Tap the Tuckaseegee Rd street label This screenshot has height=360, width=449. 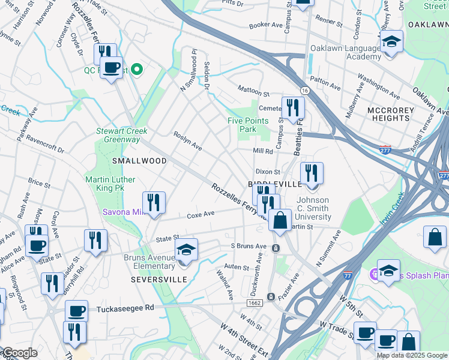[x=125, y=307]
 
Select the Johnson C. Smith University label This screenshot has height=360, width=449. [x=314, y=208]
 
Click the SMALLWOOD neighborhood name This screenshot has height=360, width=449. [x=139, y=161]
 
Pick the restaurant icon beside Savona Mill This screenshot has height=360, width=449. [x=154, y=203]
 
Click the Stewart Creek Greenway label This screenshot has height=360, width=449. [x=122, y=135]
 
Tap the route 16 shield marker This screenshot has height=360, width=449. [x=306, y=90]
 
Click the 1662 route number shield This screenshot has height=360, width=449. [x=254, y=304]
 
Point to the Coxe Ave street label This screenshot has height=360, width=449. [x=200, y=214]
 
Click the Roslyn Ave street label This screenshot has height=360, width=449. [x=188, y=142]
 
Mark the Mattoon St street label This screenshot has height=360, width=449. [x=254, y=93]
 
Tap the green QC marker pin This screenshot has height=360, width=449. [x=137, y=70]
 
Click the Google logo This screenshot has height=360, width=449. [x=20, y=353]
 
